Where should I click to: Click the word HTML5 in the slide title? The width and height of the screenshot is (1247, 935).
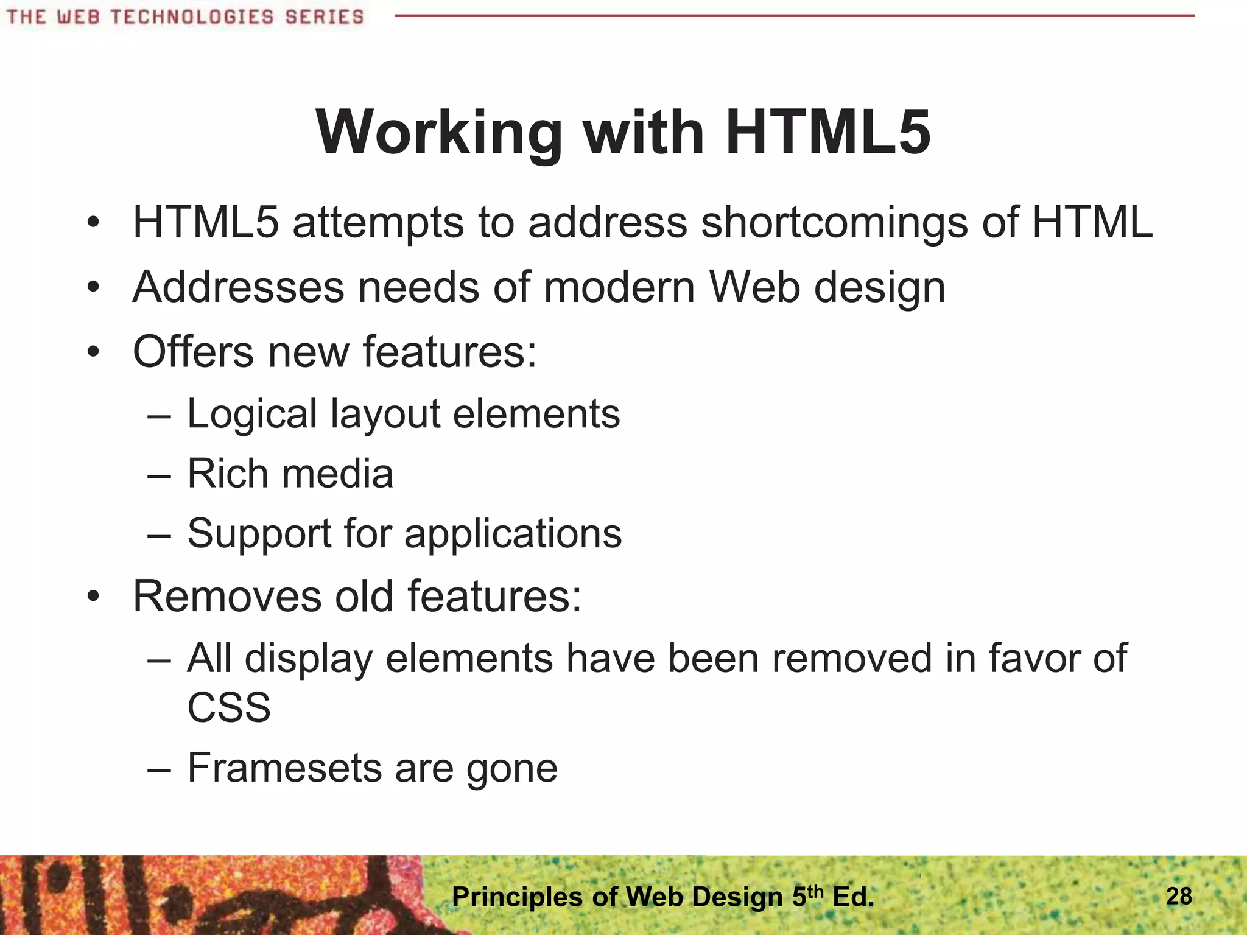(828, 133)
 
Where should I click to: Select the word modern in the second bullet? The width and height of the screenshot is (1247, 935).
(619, 287)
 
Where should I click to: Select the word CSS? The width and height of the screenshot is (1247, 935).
(228, 707)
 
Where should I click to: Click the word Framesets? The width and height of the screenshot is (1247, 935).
(284, 768)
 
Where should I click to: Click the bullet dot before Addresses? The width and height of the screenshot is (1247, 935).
(93, 287)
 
